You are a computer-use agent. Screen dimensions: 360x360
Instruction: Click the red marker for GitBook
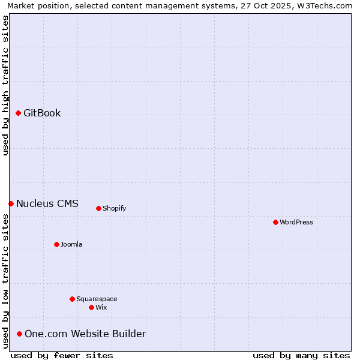tap(18, 113)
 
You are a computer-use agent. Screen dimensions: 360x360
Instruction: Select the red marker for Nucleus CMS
tap(11, 203)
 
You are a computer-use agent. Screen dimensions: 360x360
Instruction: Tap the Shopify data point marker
tap(98, 208)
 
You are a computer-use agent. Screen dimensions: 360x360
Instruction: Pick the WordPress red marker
tap(275, 222)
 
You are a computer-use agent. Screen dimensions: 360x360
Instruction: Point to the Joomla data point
tap(56, 244)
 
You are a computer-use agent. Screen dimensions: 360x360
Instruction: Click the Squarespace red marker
tap(72, 299)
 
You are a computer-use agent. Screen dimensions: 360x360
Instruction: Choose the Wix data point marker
tap(91, 307)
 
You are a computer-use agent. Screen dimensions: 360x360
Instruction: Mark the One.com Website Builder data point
tap(19, 334)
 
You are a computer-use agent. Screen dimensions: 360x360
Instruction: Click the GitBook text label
tap(42, 113)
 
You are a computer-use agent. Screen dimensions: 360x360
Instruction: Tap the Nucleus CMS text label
tap(47, 203)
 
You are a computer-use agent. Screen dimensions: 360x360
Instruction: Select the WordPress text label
tap(296, 222)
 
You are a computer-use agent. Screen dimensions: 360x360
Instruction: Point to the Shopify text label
tap(115, 208)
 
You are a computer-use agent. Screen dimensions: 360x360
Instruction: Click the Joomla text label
tap(71, 244)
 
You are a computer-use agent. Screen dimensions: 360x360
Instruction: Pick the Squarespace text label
tap(97, 299)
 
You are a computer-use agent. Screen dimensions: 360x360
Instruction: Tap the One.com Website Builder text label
tap(85, 334)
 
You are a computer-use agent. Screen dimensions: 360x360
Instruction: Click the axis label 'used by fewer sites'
tap(62, 355)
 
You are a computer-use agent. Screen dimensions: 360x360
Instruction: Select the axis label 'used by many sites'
tap(301, 355)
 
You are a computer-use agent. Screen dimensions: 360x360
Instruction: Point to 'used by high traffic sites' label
tap(5, 85)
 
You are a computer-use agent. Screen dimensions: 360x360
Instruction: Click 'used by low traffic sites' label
tap(5, 281)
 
